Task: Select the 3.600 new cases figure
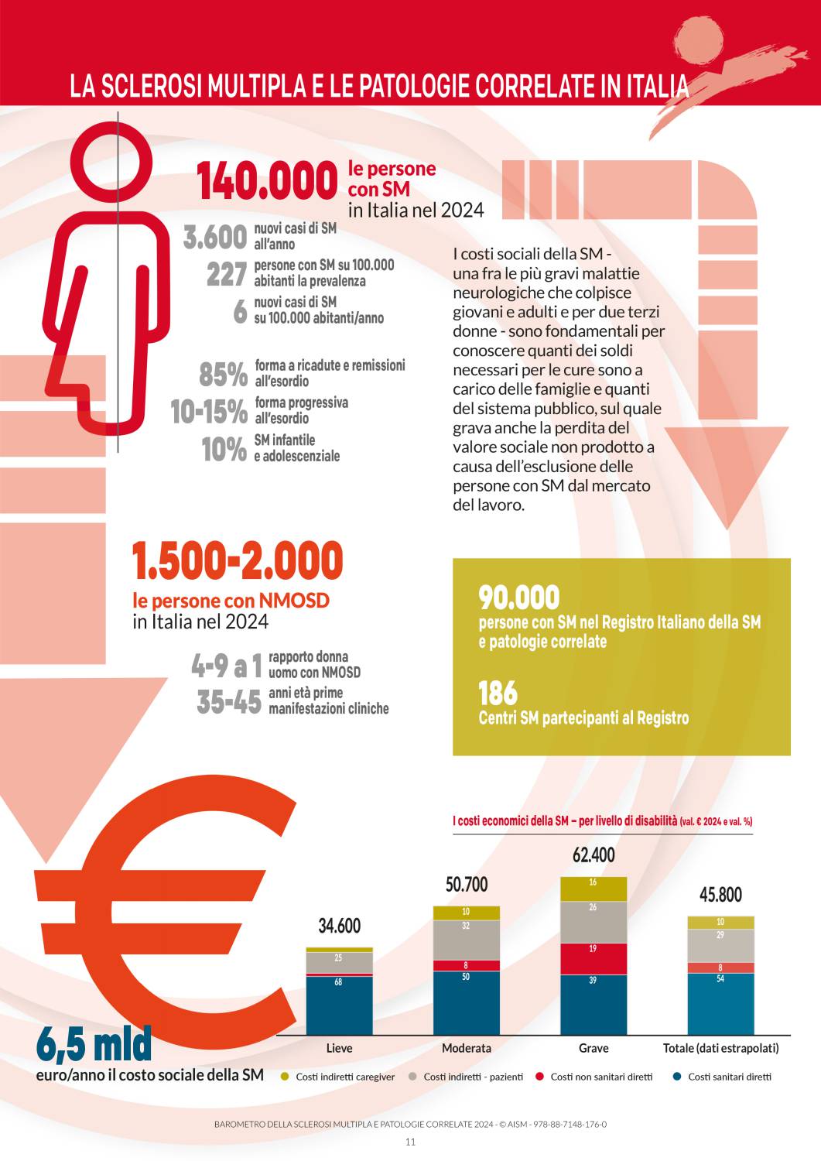point(215,237)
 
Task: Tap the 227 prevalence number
point(227,274)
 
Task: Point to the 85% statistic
point(223,375)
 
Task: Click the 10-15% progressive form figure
point(209,412)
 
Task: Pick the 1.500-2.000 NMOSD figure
point(237,561)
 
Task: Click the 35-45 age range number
point(229,702)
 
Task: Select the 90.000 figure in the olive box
point(518,598)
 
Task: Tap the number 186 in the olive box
point(498,694)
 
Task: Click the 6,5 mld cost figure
point(94,1044)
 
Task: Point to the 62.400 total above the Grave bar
point(594,855)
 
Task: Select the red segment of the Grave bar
point(594,958)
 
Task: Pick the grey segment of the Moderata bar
point(466,940)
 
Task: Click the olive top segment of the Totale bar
point(720,922)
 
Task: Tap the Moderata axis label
point(466,1048)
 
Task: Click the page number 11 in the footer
point(410,1142)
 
